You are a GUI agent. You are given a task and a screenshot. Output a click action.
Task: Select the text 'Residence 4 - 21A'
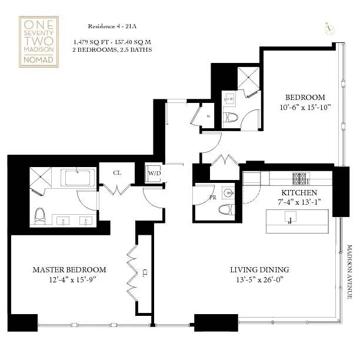tap(110, 27)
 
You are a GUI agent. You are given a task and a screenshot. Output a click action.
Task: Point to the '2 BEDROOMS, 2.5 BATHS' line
tap(112, 50)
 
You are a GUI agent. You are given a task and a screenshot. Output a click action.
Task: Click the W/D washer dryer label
tap(154, 174)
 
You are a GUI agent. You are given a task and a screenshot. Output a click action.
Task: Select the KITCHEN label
tap(299, 192)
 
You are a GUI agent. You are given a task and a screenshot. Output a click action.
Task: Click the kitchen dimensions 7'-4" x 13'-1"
tap(299, 202)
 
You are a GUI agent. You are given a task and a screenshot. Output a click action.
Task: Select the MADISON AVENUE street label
tap(348, 272)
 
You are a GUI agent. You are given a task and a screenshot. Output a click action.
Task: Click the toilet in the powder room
tap(226, 209)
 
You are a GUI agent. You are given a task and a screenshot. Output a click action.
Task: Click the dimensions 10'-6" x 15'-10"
tap(305, 107)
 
